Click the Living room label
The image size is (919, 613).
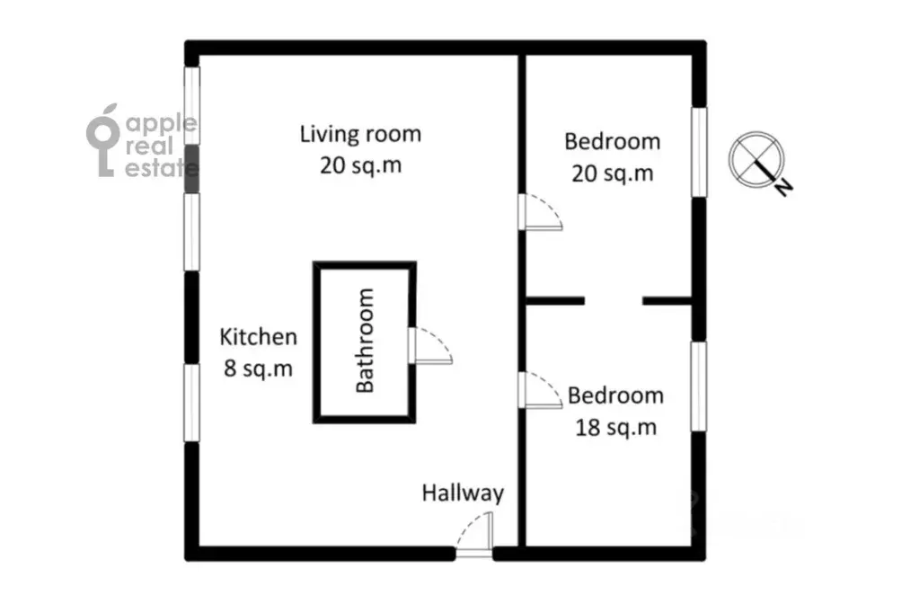360,134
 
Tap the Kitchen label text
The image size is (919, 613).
258,337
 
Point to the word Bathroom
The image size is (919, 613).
365,341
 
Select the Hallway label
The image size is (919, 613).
463,493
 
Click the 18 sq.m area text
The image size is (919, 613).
615,427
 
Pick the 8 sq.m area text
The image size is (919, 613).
258,369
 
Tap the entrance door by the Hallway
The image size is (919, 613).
474,535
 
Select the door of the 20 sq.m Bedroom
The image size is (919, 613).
541,212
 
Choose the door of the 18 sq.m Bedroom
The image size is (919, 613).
541,390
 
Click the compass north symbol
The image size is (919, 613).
756,160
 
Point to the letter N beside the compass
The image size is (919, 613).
783,187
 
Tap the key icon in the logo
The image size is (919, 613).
102,140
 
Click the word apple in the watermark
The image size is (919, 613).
161,124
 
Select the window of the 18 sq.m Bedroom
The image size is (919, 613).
699,386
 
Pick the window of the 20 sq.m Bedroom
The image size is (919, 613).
699,152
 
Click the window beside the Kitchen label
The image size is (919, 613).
191,403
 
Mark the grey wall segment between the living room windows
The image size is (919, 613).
191,169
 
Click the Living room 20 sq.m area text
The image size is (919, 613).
360,165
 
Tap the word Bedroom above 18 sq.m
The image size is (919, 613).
615,395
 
